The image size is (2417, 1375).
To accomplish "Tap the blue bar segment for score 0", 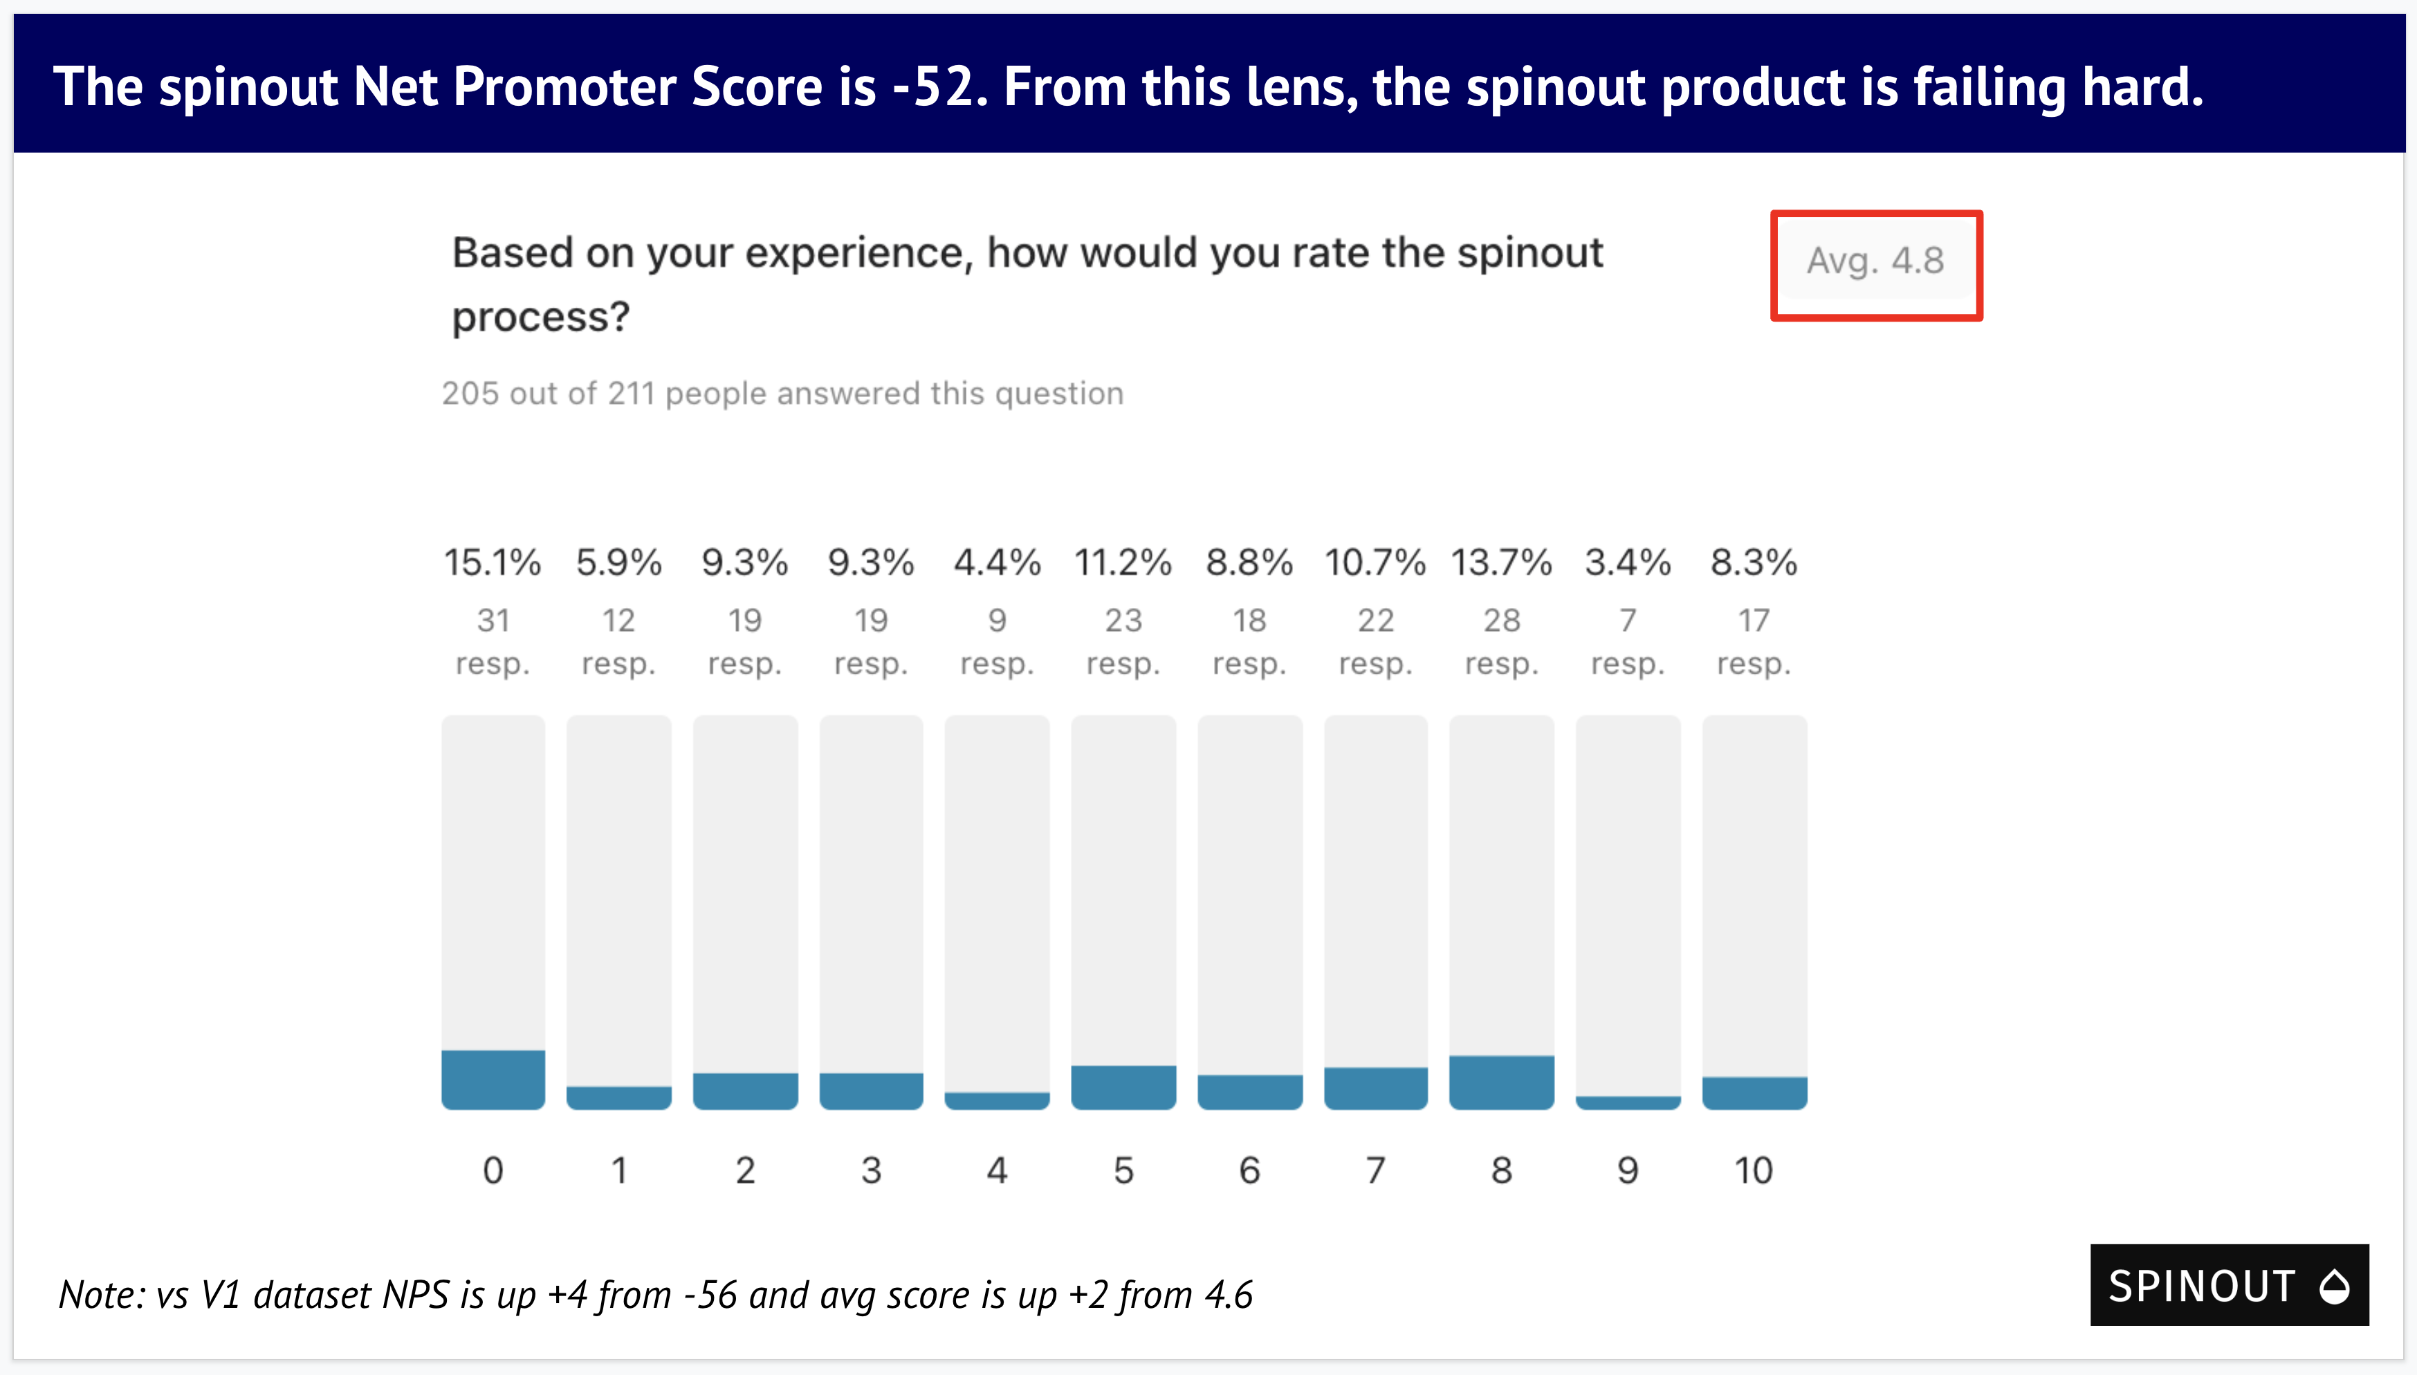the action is [493, 1080].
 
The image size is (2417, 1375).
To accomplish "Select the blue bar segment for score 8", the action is [1502, 1082].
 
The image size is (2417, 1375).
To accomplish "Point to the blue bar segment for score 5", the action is [1123, 1087].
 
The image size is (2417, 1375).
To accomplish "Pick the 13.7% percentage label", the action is [1502, 563].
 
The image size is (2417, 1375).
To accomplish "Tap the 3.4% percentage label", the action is [1628, 563].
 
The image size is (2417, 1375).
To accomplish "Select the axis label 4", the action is [998, 1171].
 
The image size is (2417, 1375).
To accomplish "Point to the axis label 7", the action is [1375, 1171].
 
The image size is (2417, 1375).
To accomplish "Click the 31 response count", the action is [493, 620].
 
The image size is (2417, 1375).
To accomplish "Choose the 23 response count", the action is [1123, 620].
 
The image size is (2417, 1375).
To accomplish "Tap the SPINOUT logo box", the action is [2229, 1285].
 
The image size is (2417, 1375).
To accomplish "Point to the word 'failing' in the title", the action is [1990, 87].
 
